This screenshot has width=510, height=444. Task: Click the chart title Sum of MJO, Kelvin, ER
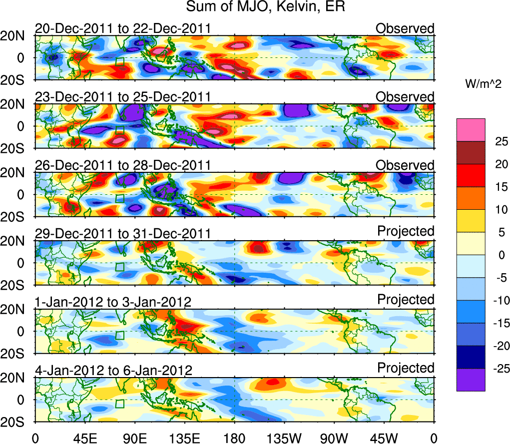point(266,7)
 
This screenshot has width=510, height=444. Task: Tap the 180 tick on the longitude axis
point(234,437)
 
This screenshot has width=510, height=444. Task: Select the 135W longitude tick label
point(284,437)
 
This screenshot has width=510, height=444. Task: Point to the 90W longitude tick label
point(334,437)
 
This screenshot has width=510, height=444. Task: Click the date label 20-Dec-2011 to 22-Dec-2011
point(122,29)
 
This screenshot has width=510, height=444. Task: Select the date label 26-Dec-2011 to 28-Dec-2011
point(122,165)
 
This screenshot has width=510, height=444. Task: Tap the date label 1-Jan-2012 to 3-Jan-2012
point(113,302)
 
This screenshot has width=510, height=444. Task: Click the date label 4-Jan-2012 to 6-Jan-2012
point(113,370)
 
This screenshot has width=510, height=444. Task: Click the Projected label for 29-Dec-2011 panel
point(406,231)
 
